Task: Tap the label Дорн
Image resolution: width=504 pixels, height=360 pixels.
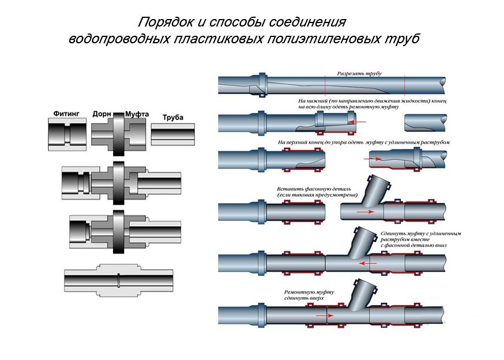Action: pos(102,114)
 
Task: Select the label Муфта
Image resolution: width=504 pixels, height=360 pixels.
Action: pos(137,114)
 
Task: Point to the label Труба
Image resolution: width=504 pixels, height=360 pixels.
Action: pos(172,117)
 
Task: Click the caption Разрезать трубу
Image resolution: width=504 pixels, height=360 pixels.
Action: pos(359,74)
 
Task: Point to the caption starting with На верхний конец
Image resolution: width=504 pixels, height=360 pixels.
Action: pos(363,142)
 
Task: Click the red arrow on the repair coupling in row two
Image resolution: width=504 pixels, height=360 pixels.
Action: pos(359,122)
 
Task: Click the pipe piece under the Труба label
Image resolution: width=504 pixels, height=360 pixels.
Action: pos(175,135)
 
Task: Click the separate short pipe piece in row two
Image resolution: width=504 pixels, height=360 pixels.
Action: pos(427,122)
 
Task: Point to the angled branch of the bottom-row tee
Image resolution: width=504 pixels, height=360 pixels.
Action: pos(364,292)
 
